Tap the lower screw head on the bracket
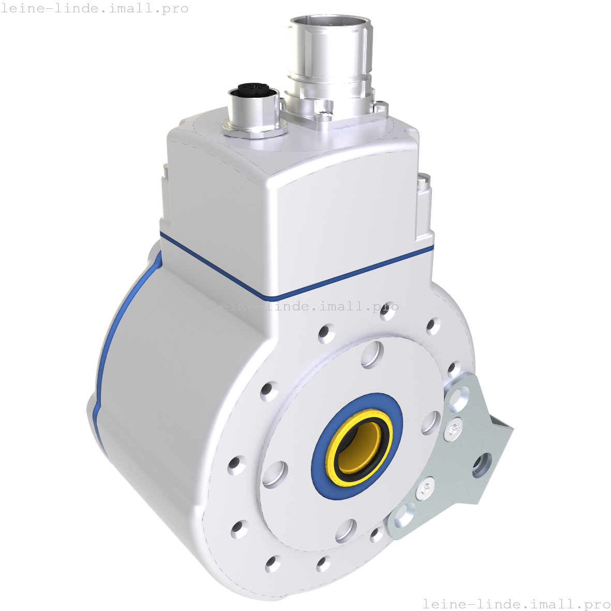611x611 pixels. (x=425, y=487)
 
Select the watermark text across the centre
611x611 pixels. (x=305, y=306)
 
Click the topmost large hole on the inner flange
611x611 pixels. (x=372, y=354)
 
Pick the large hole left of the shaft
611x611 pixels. (x=275, y=473)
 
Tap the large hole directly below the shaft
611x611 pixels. (x=346, y=530)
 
